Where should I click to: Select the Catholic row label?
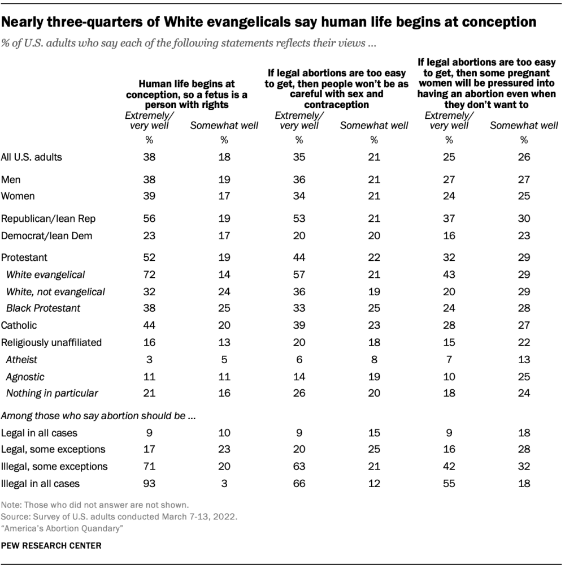(x=19, y=325)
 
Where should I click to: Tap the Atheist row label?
(x=22, y=359)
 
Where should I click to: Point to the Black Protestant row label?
(x=44, y=308)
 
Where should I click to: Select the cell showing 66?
(x=299, y=484)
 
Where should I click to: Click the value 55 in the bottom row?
(x=449, y=484)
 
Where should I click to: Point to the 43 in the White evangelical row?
(x=449, y=274)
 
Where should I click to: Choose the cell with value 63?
(x=299, y=467)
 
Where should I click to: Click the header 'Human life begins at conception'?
(x=186, y=94)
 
